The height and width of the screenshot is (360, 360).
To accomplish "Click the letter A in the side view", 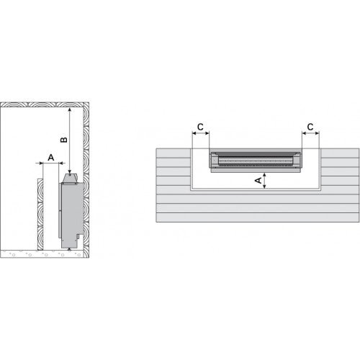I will [x=50, y=156].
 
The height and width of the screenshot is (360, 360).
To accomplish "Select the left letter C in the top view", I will [x=201, y=127].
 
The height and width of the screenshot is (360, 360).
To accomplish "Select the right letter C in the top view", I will [x=310, y=127].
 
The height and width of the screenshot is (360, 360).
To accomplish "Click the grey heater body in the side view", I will [x=71, y=212].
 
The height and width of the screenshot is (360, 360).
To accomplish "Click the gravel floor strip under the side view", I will [x=43, y=253].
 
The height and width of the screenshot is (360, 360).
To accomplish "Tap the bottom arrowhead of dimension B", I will [x=69, y=170].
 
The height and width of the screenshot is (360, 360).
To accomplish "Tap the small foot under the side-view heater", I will [x=69, y=247].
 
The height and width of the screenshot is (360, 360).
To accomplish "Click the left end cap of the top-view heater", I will [x=211, y=161].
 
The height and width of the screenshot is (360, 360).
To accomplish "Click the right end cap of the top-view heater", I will [x=298, y=161].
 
